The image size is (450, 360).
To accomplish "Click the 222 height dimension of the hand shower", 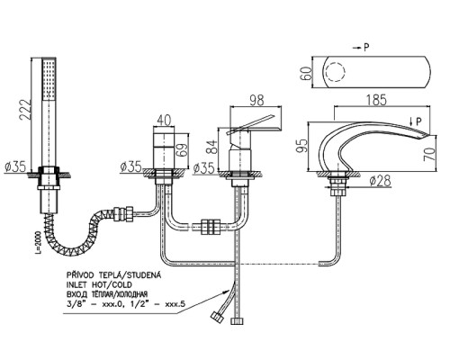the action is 25,110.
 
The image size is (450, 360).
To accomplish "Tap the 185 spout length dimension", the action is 376,100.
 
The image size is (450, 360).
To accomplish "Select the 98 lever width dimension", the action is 256,101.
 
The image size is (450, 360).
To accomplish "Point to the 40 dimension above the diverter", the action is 164,121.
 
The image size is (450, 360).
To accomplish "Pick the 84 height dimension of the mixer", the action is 213,146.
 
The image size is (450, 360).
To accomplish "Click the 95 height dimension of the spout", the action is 302,146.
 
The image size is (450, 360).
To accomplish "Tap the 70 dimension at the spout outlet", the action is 429,154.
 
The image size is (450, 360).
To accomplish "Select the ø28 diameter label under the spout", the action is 381,181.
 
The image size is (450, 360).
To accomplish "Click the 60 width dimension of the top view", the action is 306,73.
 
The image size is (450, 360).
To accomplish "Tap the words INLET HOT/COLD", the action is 100,284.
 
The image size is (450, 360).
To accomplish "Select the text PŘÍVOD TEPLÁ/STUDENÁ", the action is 114,275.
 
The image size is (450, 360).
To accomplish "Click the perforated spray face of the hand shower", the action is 49,79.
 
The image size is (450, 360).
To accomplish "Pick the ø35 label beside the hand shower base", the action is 15,166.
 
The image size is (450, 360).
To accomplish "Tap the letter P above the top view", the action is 366,48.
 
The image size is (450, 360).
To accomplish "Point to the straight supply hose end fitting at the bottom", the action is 237,320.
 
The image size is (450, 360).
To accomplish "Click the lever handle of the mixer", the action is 252,123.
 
